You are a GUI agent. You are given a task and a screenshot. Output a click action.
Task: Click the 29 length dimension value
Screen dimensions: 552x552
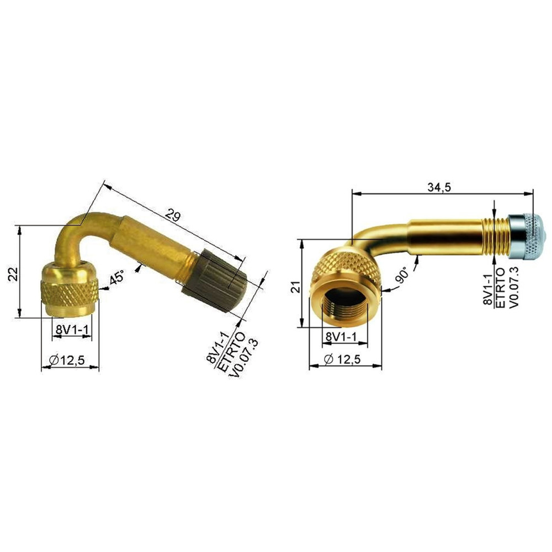(173, 215)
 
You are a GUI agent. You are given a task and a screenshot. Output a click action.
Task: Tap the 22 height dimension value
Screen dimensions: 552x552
(13, 274)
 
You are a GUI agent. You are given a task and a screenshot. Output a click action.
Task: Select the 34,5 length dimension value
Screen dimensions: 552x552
(439, 187)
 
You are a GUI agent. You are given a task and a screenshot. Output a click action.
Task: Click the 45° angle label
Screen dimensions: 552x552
(116, 278)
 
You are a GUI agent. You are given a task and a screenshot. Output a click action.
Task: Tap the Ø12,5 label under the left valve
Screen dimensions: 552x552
(67, 360)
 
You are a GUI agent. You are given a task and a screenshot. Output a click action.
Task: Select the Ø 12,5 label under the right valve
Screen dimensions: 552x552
(342, 359)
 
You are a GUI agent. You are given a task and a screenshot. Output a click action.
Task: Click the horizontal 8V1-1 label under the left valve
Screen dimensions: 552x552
(72, 330)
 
